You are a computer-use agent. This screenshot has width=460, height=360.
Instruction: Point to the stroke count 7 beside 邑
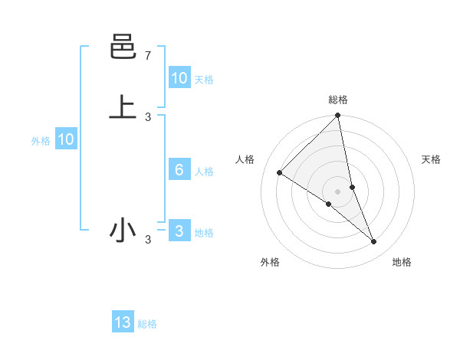click(x=148, y=56)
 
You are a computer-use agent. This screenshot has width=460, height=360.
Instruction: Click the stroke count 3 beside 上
click(x=148, y=116)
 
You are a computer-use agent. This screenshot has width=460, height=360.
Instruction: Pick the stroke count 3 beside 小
click(x=148, y=241)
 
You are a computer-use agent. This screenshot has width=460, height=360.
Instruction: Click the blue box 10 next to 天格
click(x=179, y=77)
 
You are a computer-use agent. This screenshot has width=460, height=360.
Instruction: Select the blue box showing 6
click(x=179, y=170)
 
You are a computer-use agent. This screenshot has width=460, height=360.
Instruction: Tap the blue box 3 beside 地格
click(x=179, y=231)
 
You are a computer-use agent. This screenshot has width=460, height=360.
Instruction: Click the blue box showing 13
click(x=123, y=322)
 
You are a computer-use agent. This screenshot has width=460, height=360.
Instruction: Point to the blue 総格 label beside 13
click(x=147, y=324)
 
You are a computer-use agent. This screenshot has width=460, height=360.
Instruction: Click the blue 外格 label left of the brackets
click(x=41, y=141)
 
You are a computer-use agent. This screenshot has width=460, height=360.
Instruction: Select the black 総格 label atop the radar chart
click(x=338, y=100)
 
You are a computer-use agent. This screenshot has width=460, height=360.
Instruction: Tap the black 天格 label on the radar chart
click(x=432, y=159)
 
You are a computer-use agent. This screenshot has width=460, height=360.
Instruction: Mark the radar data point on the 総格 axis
click(x=338, y=116)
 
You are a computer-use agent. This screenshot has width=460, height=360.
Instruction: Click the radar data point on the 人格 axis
click(x=280, y=172)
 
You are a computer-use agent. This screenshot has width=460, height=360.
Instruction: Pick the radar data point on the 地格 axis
click(x=374, y=242)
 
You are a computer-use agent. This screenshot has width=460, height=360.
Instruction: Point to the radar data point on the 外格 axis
click(x=329, y=204)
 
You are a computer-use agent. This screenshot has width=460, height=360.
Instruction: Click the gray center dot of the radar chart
click(x=338, y=191)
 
